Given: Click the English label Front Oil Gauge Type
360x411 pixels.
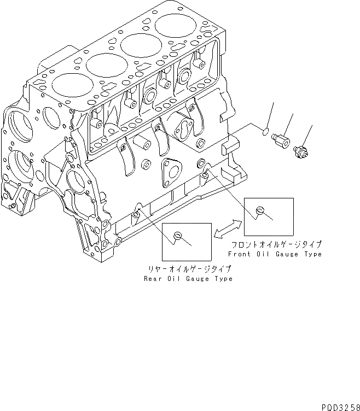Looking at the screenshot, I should pyautogui.click(x=275, y=254).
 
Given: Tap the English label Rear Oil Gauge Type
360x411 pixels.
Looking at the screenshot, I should pyautogui.click(x=188, y=279).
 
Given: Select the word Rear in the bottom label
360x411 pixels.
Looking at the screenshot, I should pyautogui.click(x=152, y=279).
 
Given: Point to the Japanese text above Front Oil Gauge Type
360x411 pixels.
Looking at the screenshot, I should pyautogui.click(x=275, y=245).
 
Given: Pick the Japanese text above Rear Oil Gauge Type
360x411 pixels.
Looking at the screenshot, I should pyautogui.click(x=188, y=269).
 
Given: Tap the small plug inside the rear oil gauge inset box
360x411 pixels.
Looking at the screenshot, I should pyautogui.click(x=177, y=236).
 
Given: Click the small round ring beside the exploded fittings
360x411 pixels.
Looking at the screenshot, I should pyautogui.click(x=265, y=131).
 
